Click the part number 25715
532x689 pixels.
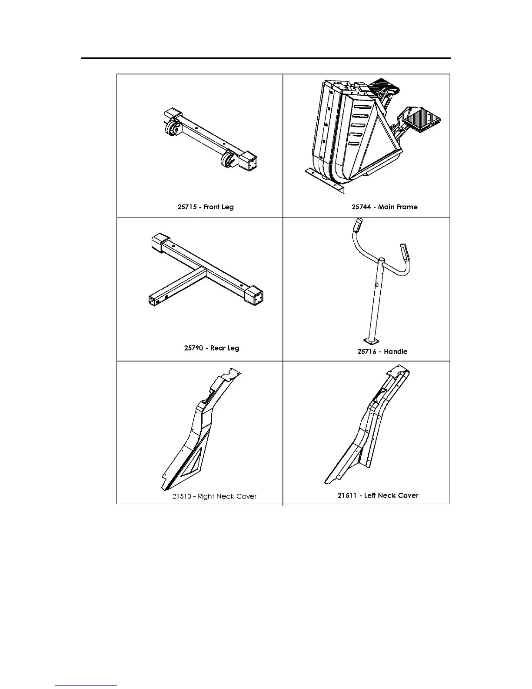click(x=186, y=207)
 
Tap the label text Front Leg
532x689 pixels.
click(x=219, y=207)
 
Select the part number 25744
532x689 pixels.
click(x=361, y=207)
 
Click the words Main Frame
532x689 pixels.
click(x=398, y=207)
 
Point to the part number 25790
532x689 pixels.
click(x=193, y=348)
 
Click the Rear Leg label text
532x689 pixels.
click(x=225, y=348)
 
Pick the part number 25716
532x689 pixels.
click(x=367, y=351)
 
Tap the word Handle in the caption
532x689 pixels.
click(x=396, y=351)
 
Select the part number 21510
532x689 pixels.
click(x=182, y=496)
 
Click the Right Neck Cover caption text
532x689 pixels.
click(x=227, y=496)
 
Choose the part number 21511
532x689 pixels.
click(x=347, y=495)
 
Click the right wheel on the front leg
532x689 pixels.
click(x=227, y=160)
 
